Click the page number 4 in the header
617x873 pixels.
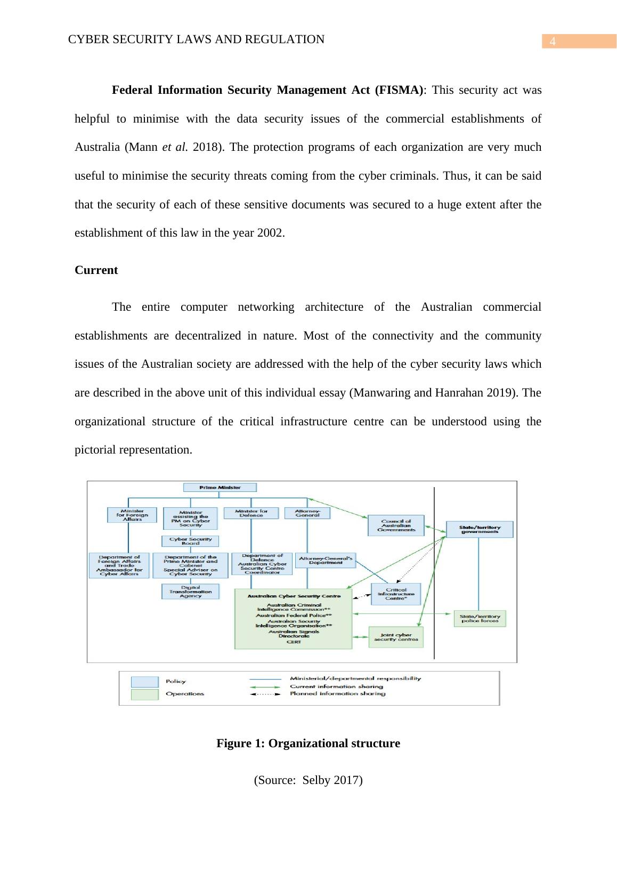pyautogui.click(x=553, y=42)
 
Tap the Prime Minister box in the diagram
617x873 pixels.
pyautogui.click(x=220, y=487)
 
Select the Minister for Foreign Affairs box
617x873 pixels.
pyautogui.click(x=132, y=515)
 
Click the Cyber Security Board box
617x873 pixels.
pyautogui.click(x=190, y=541)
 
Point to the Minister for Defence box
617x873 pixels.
pyautogui.click(x=251, y=513)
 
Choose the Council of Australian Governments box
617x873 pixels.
pyautogui.click(x=396, y=525)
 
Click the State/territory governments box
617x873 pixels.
pyautogui.click(x=480, y=529)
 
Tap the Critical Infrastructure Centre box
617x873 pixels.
pyautogui.click(x=395, y=594)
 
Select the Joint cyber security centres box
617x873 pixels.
pyautogui.click(x=396, y=637)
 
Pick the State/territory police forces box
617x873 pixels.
pyautogui.click(x=480, y=618)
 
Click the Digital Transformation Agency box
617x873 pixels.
pyautogui.click(x=190, y=592)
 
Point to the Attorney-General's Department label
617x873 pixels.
pyautogui.click(x=325, y=560)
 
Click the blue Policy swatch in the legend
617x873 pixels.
pyautogui.click(x=145, y=682)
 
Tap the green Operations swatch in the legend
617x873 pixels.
pyautogui.click(x=145, y=694)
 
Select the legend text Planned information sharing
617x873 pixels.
pyautogui.click(x=337, y=694)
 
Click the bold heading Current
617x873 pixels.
pyautogui.click(x=96, y=270)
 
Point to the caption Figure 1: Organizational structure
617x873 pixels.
pyautogui.click(x=308, y=743)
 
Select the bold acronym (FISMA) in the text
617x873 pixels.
pyautogui.click(x=400, y=90)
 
